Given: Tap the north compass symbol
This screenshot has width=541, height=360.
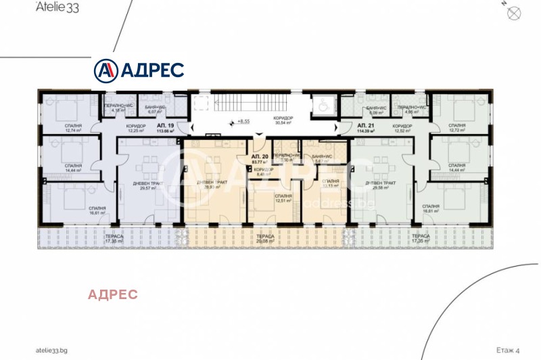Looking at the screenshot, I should [513, 11].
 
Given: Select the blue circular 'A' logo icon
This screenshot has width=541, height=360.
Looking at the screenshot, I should [105, 70].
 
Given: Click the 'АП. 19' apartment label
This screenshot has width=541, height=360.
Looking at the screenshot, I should [166, 127].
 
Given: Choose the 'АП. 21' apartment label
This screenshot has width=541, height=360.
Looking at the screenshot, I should [366, 127].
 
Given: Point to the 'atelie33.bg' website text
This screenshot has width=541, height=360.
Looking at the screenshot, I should [52, 351].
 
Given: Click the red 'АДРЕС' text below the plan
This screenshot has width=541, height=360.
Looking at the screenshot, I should [113, 294].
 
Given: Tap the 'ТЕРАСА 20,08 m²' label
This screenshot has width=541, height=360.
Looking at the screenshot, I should [265, 238].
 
